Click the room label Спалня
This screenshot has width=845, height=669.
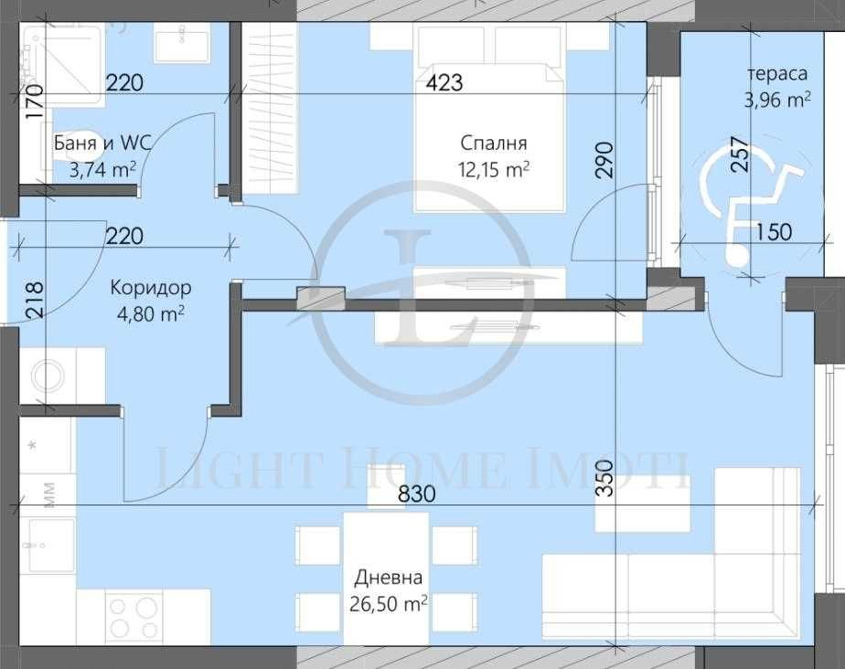pos(494,143)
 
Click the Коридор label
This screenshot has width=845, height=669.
pos(151,288)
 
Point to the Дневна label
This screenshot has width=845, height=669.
pos(390,578)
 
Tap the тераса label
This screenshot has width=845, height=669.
pos(776,75)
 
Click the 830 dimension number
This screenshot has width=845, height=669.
pos(415,494)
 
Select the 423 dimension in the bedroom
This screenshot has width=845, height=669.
pos(444,83)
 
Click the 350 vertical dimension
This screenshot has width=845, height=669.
pos(604,475)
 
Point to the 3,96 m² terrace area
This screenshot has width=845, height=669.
pos(776,100)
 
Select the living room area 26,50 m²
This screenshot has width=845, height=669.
pos(390,603)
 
